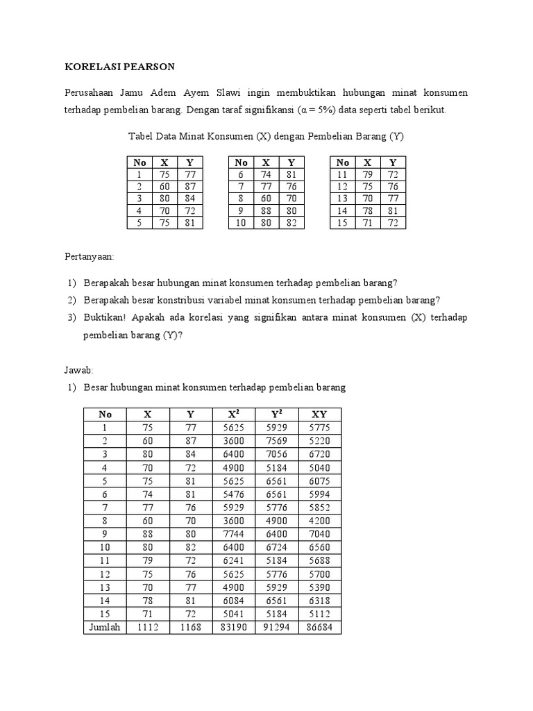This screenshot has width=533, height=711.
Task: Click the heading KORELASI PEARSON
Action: (119, 67)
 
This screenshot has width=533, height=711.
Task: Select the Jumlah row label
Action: (105, 627)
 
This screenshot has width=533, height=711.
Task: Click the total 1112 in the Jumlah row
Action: (148, 627)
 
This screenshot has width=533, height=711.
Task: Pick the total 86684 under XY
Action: (320, 627)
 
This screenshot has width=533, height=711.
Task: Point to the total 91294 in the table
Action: (277, 627)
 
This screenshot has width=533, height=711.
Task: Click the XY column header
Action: (320, 415)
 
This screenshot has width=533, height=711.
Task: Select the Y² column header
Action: (277, 415)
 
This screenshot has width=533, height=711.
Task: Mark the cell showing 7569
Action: (277, 441)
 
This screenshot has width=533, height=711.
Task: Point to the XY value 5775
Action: (320, 428)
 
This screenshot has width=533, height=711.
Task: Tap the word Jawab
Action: (79, 370)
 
